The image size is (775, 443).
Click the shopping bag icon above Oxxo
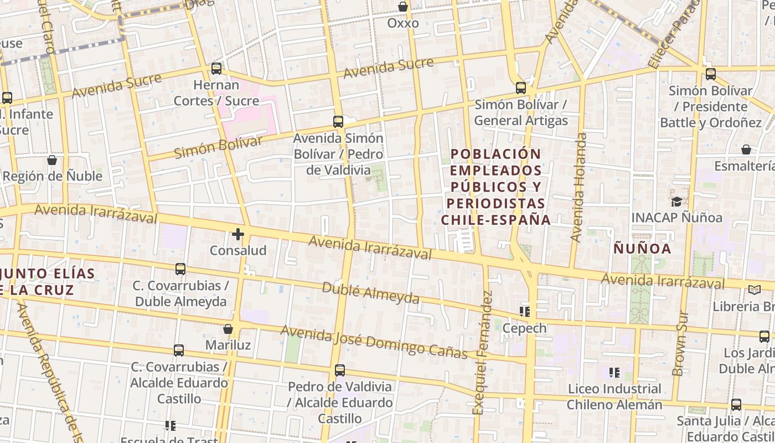(403, 7)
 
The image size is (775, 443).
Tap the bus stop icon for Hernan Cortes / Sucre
(216, 69)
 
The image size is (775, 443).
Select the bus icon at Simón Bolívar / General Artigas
(520, 87)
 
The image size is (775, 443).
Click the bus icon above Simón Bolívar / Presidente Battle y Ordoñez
(710, 74)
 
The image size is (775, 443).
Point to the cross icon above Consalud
(238, 234)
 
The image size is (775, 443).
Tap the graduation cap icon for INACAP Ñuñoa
(676, 201)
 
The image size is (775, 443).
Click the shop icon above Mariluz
(228, 329)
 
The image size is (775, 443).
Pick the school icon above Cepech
(524, 312)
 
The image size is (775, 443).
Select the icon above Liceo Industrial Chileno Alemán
(614, 372)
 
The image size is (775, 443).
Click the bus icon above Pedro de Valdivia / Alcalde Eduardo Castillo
(340, 370)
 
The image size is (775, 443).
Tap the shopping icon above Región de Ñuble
(52, 160)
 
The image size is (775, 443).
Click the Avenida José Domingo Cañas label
(374, 341)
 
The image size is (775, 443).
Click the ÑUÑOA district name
(642, 249)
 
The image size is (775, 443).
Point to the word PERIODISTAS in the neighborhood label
(496, 203)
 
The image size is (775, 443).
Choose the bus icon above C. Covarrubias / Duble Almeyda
(180, 269)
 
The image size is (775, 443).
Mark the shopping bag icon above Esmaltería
(746, 150)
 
